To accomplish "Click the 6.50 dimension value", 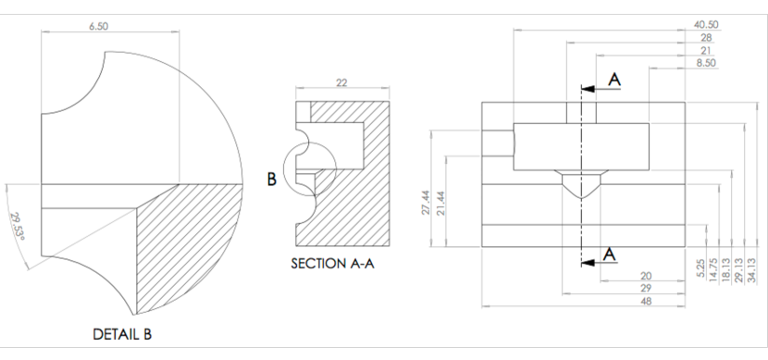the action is pyautogui.click(x=98, y=27).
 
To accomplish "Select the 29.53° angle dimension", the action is pyautogui.click(x=18, y=227).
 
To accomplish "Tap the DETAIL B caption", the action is pyautogui.click(x=122, y=334).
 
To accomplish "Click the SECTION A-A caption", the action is pyautogui.click(x=332, y=264).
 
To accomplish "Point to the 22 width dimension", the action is pyautogui.click(x=341, y=82).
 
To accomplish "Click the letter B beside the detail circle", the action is pyautogui.click(x=272, y=180).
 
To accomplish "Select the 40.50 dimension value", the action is pyautogui.click(x=706, y=24).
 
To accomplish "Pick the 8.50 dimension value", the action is pyautogui.click(x=706, y=63).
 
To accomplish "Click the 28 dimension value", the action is pyautogui.click(x=706, y=37).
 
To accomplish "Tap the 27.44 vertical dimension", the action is pyautogui.click(x=426, y=203).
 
